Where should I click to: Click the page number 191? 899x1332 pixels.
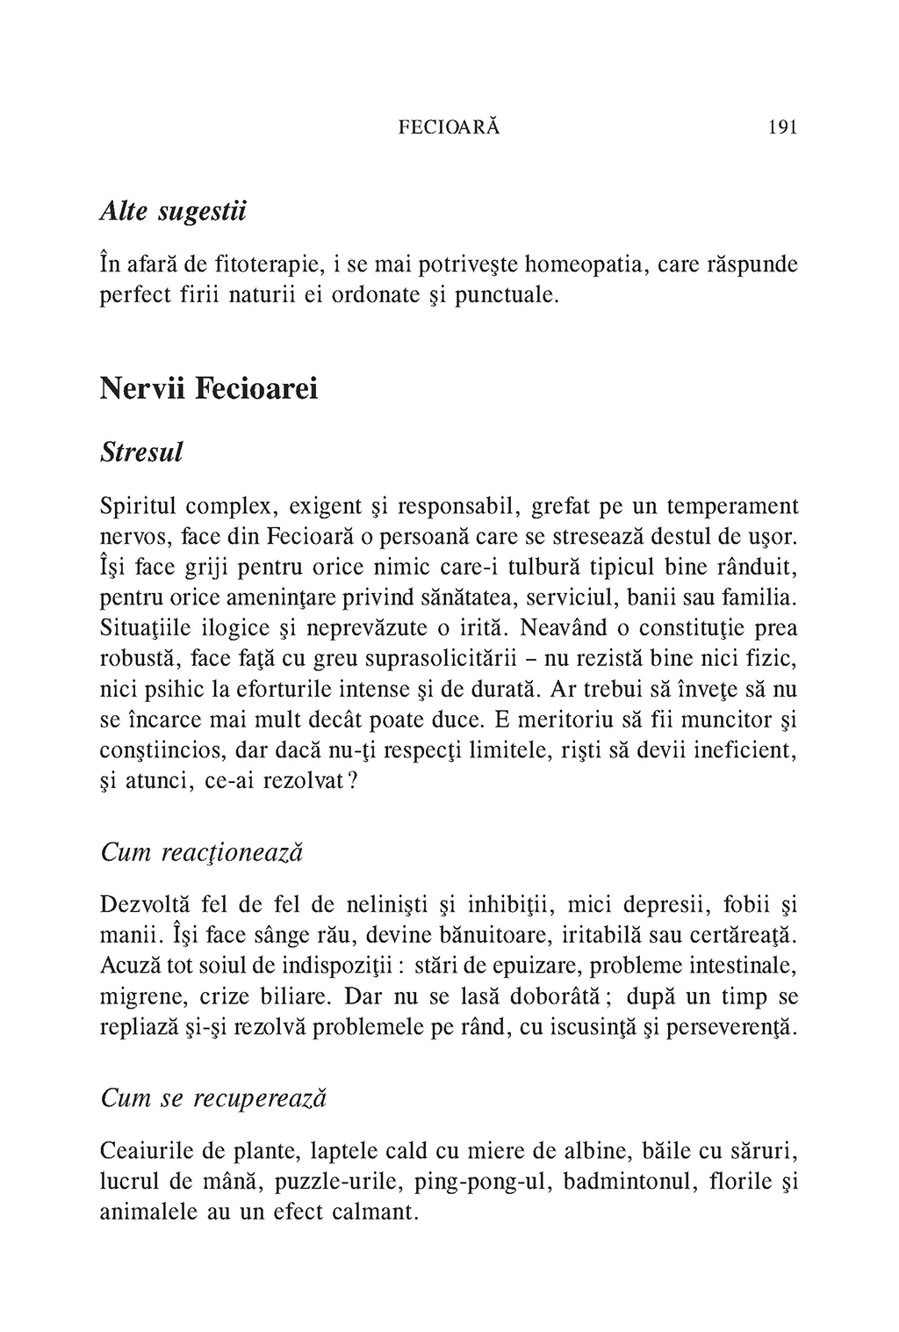pyautogui.click(x=781, y=127)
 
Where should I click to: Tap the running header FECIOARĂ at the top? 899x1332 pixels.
pyautogui.click(x=449, y=127)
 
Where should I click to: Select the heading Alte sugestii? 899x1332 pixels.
pyautogui.click(x=173, y=212)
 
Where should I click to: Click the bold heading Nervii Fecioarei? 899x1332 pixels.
pyautogui.click(x=209, y=387)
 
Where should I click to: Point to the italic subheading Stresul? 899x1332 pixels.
pyautogui.click(x=142, y=453)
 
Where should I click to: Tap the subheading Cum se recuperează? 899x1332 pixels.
pyautogui.click(x=214, y=1098)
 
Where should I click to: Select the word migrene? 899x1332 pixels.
pyautogui.click(x=139, y=997)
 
